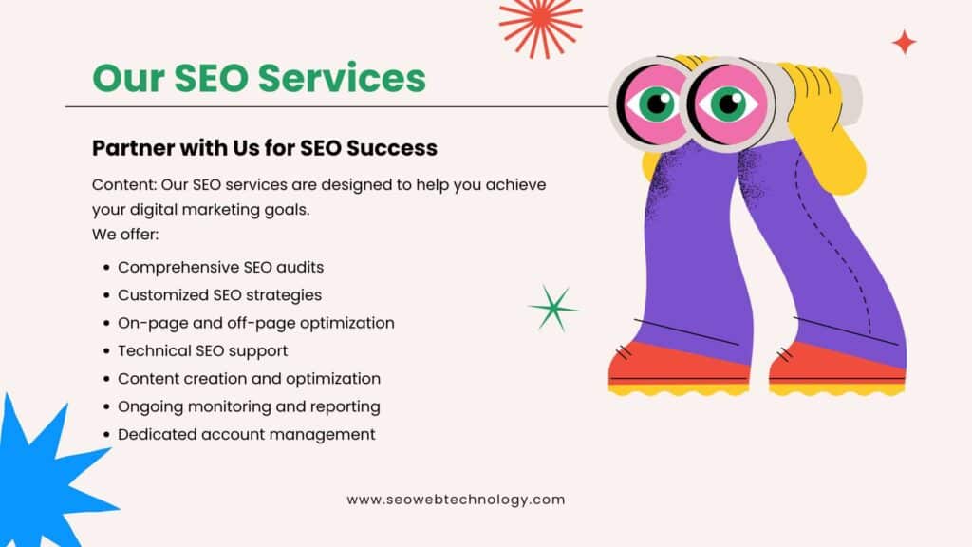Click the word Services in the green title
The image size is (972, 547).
tap(342, 78)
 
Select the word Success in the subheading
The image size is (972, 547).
tap(392, 148)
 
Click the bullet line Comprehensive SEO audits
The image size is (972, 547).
tap(220, 267)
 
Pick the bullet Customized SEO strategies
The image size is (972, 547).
tap(219, 295)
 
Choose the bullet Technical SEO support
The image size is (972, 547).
tap(203, 351)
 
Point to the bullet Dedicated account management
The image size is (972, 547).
tap(247, 434)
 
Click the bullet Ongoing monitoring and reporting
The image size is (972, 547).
tap(249, 406)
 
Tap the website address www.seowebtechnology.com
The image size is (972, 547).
tap(456, 500)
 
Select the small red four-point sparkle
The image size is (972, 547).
tap(905, 42)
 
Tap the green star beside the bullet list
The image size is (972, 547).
tap(553, 309)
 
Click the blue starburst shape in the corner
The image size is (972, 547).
tap(47, 478)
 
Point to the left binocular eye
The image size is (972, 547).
tap(654, 104)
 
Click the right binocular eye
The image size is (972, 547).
tap(728, 104)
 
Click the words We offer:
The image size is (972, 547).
tap(125, 235)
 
